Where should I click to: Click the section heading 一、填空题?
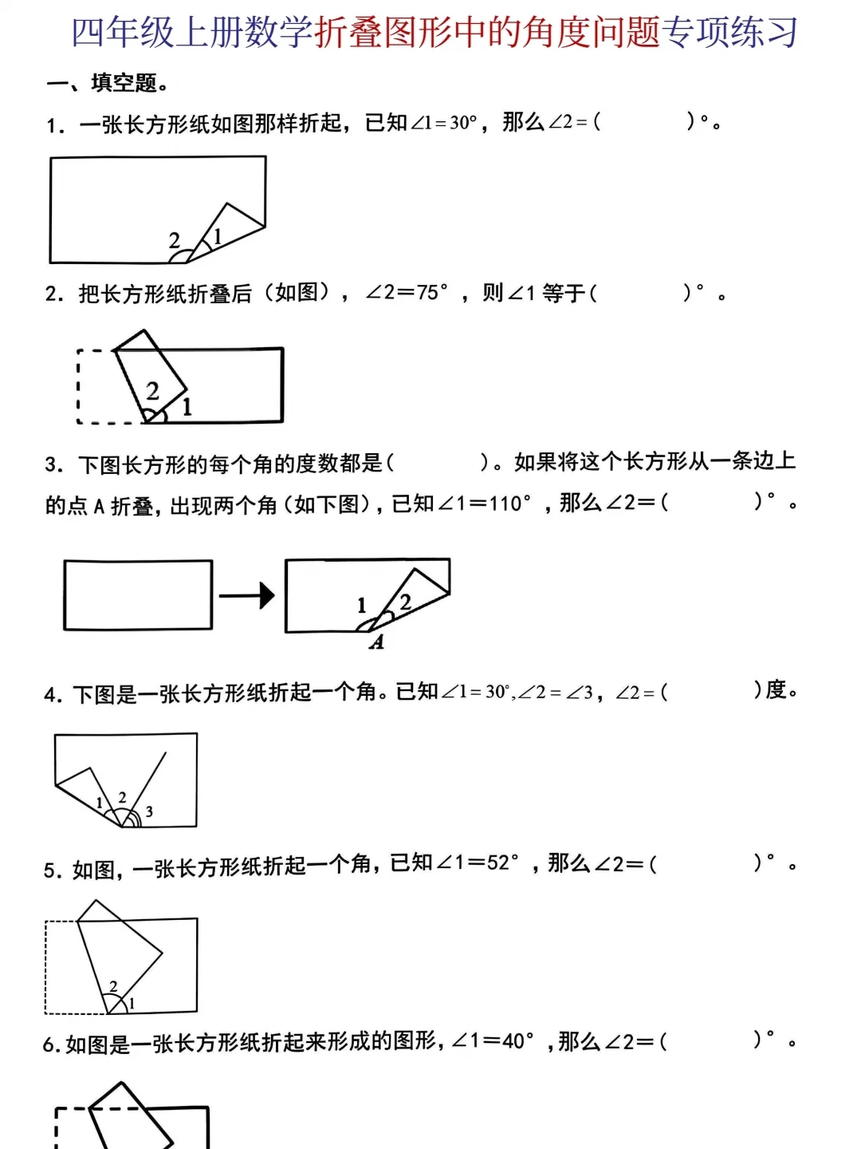tap(107, 83)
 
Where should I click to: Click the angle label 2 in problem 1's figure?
tap(175, 239)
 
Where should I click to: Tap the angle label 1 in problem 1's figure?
tap(217, 235)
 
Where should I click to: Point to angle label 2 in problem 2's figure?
tap(152, 390)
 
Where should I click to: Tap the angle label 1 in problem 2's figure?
tap(187, 407)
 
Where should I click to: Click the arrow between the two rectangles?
tap(246, 595)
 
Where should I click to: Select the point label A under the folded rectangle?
tap(377, 642)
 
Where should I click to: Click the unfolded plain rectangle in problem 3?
tap(138, 595)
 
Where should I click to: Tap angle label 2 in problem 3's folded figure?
tap(405, 602)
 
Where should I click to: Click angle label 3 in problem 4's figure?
tap(149, 811)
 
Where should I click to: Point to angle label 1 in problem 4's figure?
tap(100, 802)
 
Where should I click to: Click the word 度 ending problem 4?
tap(776, 690)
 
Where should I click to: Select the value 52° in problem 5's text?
tap(503, 863)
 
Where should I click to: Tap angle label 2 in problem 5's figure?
tap(113, 986)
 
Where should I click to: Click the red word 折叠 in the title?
tap(348, 33)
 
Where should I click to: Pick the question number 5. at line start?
tap(53, 871)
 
